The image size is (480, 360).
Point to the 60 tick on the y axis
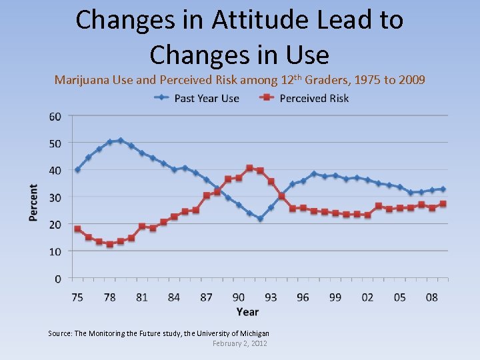55,116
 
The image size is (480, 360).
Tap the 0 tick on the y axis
58,279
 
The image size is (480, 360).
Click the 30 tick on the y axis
55,197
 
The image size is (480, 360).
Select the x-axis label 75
77,297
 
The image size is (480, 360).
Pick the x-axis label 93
271,297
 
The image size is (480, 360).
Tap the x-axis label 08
432,297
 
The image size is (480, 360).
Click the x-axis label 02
367,297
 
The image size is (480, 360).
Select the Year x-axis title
247,311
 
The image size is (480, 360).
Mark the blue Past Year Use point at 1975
77,169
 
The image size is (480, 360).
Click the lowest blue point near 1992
260,219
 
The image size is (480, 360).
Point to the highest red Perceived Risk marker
249,168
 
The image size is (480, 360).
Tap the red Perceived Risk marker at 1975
77,229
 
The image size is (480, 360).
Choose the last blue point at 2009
443,189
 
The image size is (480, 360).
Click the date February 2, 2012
239,343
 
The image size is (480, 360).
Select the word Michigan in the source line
253,333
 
